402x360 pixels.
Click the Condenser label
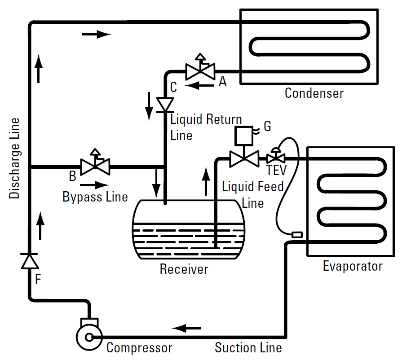click(314, 93)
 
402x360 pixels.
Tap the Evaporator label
click(353, 266)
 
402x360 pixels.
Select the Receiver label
click(184, 269)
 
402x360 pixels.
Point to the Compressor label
click(139, 348)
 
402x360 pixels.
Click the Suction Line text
click(248, 348)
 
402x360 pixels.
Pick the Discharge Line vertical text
click(14, 158)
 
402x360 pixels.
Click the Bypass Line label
click(95, 197)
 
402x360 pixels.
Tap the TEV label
click(276, 170)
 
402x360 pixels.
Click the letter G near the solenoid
click(267, 126)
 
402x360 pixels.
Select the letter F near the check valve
click(38, 279)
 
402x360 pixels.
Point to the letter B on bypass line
click(73, 176)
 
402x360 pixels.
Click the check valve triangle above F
click(30, 261)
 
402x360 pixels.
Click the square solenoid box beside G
click(244, 136)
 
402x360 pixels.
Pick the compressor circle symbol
click(89, 338)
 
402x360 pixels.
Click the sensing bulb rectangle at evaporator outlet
click(297, 234)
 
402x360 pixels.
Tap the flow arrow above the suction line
click(186, 328)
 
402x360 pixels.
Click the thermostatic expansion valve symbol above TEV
click(276, 156)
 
